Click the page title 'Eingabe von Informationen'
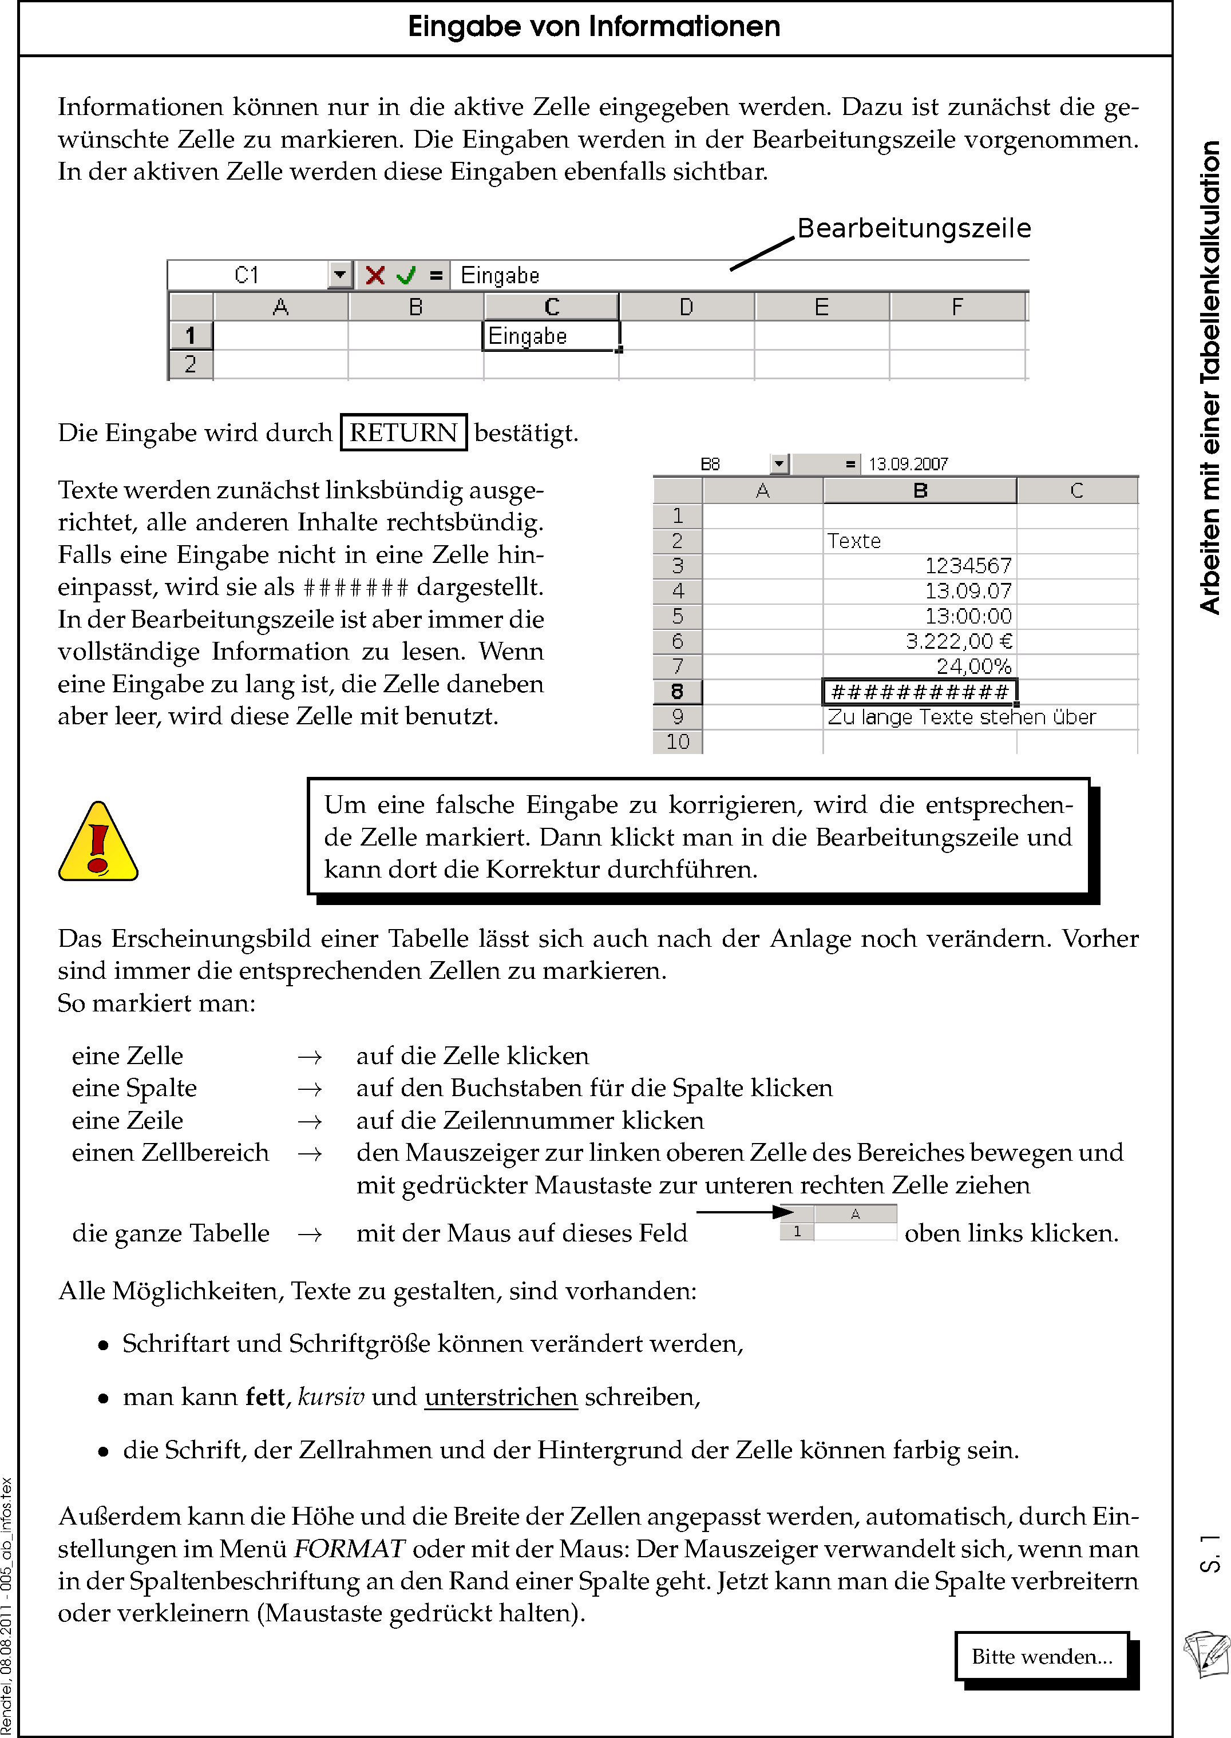pyautogui.click(x=593, y=26)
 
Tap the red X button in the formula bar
pyautogui.click(x=374, y=275)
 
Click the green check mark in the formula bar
pyautogui.click(x=406, y=275)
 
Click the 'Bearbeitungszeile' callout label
pyautogui.click(x=913, y=228)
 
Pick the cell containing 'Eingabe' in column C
pyautogui.click(x=551, y=336)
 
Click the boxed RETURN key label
pyautogui.click(x=403, y=432)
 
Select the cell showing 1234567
pyautogui.click(x=920, y=566)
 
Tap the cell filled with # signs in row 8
pyautogui.click(x=920, y=692)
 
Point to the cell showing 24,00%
pyautogui.click(x=920, y=666)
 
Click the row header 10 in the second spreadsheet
pyautogui.click(x=678, y=742)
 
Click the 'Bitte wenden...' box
pyautogui.click(x=1042, y=1657)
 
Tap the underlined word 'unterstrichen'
pyautogui.click(x=501, y=1396)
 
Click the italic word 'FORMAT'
pyautogui.click(x=349, y=1549)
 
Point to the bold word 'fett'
pyautogui.click(x=266, y=1396)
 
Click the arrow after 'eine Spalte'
pyautogui.click(x=309, y=1089)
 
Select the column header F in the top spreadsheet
pyautogui.click(x=957, y=307)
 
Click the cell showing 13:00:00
pyautogui.click(x=920, y=617)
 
